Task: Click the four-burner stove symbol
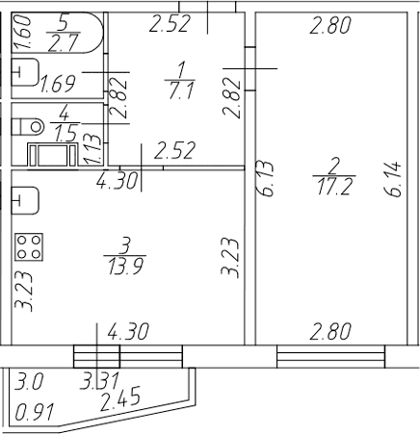tap(29, 246)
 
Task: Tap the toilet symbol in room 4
tap(28, 126)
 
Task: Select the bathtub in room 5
tap(58, 33)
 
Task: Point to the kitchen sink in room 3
tap(25, 200)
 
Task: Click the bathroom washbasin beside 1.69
tap(25, 72)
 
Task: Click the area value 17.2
tap(335, 187)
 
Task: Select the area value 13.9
tap(125, 267)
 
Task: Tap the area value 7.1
tap(181, 90)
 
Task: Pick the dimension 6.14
tap(392, 179)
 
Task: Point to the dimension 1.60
tap(23, 33)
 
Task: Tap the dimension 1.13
tap(92, 149)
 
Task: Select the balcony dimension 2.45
tap(120, 398)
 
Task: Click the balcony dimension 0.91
tap(35, 412)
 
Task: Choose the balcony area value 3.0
tap(28, 381)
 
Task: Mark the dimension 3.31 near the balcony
tap(99, 381)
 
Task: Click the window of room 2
tap(330, 357)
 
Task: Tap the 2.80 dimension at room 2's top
tap(330, 25)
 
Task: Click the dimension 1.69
tap(58, 84)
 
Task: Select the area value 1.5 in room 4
tap(66, 133)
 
